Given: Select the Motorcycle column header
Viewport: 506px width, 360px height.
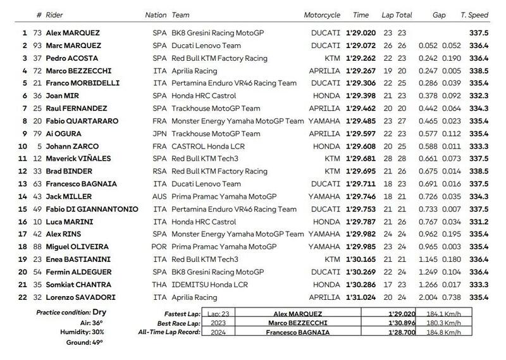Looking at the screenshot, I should (x=321, y=15).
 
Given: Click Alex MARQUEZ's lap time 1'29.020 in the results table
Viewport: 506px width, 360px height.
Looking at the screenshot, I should (x=365, y=32).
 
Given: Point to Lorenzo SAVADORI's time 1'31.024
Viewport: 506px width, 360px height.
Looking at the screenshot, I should (x=365, y=296).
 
